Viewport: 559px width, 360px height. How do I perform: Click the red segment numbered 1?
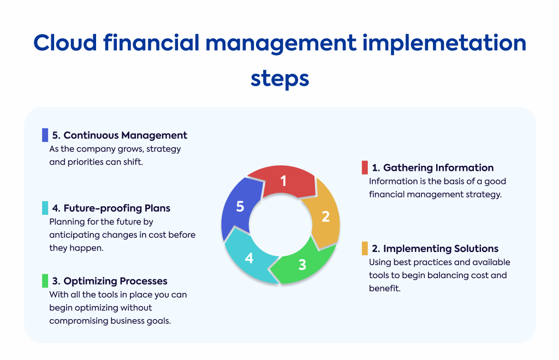(283, 181)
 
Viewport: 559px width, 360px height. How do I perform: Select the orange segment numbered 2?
(323, 215)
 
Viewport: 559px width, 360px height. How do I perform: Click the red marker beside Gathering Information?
(365, 167)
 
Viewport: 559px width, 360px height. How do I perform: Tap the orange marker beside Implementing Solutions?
(365, 248)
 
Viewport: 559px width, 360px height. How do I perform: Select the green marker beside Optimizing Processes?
(45, 280)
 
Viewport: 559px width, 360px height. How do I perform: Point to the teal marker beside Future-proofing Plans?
(45, 208)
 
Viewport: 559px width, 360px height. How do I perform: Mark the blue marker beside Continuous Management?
(45, 135)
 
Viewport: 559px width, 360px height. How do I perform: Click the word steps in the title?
(280, 79)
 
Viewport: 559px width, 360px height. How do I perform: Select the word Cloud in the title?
(66, 43)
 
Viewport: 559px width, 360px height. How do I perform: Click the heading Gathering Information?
(433, 167)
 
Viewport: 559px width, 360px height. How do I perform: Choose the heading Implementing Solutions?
(435, 249)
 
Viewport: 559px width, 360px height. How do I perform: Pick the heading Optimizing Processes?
(109, 281)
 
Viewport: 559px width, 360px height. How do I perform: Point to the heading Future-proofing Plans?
(111, 208)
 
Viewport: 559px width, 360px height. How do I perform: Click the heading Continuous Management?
(120, 135)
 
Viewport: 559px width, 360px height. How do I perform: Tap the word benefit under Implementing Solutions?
(384, 289)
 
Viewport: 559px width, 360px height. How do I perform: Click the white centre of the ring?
(281, 224)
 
